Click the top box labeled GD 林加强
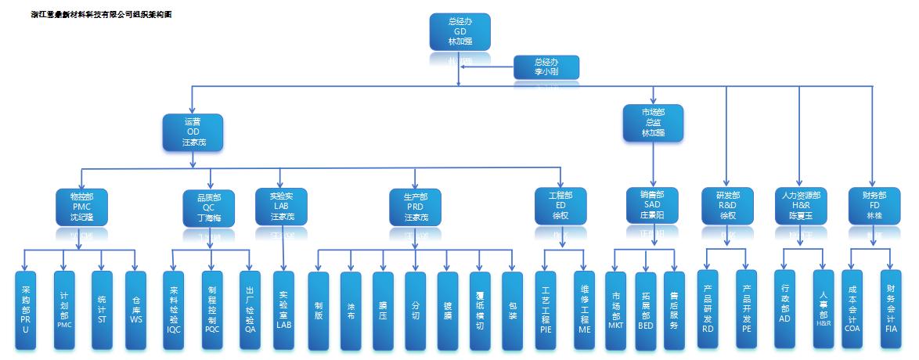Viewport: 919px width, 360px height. (x=460, y=32)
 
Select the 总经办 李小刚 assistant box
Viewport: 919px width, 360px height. (x=546, y=67)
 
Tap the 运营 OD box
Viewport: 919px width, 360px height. (x=193, y=132)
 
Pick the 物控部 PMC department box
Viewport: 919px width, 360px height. (x=81, y=206)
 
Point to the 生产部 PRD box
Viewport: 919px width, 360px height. (x=416, y=206)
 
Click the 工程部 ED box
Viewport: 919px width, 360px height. (x=560, y=205)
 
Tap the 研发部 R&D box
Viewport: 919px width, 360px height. (x=727, y=204)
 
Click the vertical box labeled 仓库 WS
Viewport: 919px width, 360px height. (x=136, y=310)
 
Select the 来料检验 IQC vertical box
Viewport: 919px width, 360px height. (x=174, y=310)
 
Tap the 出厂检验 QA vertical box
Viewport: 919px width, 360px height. (x=250, y=310)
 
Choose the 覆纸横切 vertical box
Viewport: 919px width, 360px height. (x=479, y=310)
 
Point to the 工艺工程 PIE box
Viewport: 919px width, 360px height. (x=546, y=310)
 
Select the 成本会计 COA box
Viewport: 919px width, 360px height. (x=852, y=310)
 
